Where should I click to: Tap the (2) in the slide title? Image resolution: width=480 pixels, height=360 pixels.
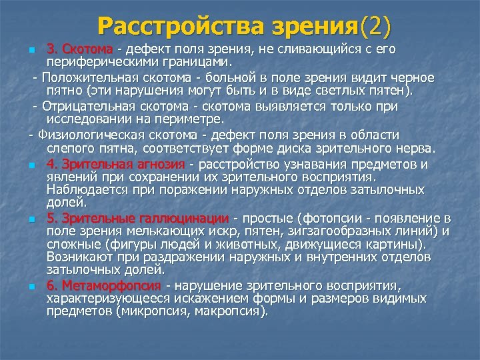(x=375, y=26)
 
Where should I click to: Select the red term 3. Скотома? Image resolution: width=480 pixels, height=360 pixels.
(x=81, y=50)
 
